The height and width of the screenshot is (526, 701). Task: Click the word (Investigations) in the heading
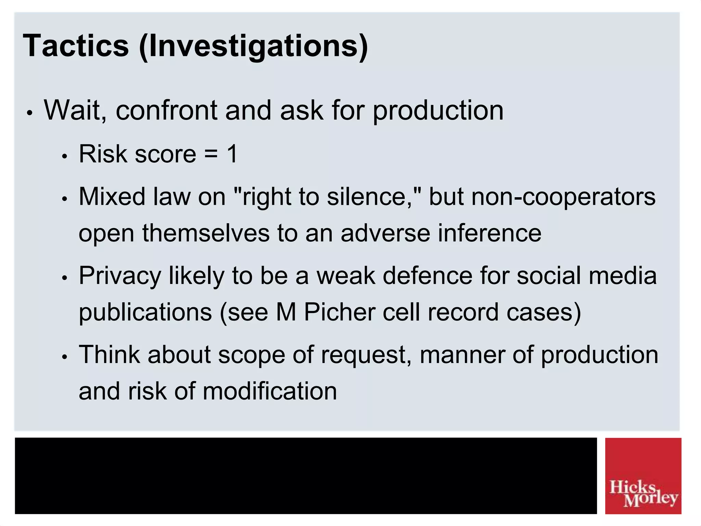(x=253, y=46)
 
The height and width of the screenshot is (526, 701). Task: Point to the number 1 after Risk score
(x=232, y=154)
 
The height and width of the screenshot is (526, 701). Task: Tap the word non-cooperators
(x=563, y=197)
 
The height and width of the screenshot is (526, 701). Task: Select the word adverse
(x=385, y=233)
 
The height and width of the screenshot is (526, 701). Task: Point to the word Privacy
(x=120, y=276)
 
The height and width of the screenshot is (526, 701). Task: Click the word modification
(x=270, y=391)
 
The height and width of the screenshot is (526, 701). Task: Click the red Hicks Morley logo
(x=643, y=476)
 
